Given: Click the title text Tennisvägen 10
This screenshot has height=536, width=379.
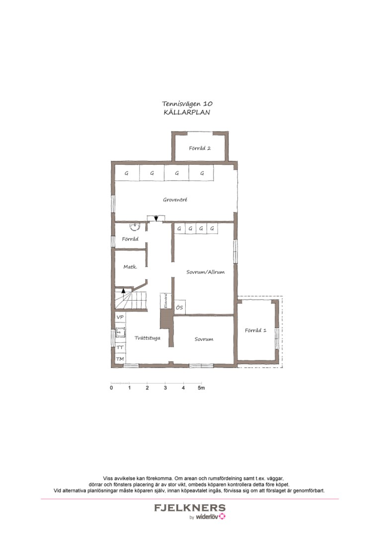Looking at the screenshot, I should (187, 104).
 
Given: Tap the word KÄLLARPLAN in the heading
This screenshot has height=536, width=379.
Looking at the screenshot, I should (187, 112).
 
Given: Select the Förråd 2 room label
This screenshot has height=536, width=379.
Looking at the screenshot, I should (200, 148).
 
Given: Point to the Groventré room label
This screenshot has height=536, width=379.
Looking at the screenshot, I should (175, 200).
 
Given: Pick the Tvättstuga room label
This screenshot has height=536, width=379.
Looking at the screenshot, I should (147, 338).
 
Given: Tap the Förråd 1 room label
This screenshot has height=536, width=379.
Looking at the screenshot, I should (256, 331).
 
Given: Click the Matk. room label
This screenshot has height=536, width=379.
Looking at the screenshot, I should (130, 267).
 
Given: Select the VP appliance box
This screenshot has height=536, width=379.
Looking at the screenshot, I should (120, 317).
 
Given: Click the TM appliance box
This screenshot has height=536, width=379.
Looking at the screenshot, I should (120, 358).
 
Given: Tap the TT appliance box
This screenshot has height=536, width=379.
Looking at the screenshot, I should (120, 348).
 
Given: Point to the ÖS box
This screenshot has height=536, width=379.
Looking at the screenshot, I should (179, 308).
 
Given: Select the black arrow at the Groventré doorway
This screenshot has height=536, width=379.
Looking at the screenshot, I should (156, 218).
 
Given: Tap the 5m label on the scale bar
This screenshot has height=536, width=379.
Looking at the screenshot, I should (201, 388).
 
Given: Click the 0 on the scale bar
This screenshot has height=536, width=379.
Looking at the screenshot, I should (111, 388).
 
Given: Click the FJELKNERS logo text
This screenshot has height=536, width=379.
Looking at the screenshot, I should (189, 508).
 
